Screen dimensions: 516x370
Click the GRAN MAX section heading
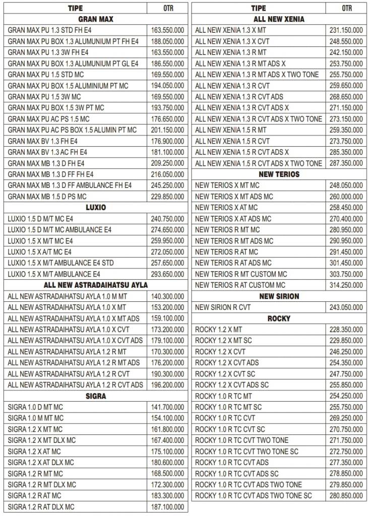point(96,19)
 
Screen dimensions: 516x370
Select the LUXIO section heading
point(96,207)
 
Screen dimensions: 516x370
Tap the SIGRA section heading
point(96,396)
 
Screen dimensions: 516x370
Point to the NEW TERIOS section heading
point(279,174)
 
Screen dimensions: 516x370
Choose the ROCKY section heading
point(279,318)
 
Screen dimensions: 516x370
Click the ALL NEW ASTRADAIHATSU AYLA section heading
point(96,285)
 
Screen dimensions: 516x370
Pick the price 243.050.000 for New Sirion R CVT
point(346,307)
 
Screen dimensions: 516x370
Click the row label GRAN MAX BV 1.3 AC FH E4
point(47,152)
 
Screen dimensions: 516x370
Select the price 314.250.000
point(346,285)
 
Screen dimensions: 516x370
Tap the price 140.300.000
point(167,296)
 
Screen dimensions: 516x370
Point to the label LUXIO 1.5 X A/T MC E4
point(40,252)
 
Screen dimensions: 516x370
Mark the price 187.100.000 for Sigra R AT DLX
point(167,507)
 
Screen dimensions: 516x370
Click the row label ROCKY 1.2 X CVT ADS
point(227,363)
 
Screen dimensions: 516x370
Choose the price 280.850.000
point(346,496)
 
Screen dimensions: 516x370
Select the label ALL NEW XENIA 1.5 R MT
point(231,130)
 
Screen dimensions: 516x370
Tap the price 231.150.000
point(346,30)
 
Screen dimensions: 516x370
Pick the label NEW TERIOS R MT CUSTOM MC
point(241,274)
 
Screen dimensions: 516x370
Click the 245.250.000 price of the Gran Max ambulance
point(167,185)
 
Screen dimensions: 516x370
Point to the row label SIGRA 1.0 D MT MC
point(35,407)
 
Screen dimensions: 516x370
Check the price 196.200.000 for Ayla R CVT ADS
point(167,385)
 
